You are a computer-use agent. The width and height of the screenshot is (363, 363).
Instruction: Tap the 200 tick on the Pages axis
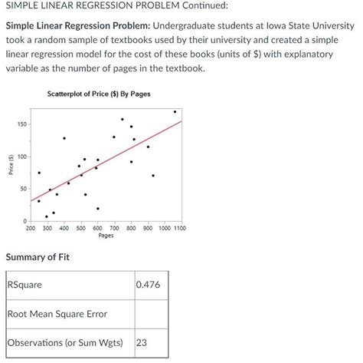31,228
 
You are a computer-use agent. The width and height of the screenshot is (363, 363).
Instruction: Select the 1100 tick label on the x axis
178,228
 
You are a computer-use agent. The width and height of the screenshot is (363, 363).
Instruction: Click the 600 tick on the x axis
97,228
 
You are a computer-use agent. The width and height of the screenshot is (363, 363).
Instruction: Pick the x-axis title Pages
106,236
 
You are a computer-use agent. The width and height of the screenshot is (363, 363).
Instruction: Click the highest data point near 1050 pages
174,112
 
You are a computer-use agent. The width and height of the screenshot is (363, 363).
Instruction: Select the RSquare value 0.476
147,285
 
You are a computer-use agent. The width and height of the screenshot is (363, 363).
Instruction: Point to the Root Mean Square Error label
57,314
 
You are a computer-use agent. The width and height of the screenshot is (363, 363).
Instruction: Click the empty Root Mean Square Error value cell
151,314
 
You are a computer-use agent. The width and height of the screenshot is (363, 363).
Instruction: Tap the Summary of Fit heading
38,257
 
